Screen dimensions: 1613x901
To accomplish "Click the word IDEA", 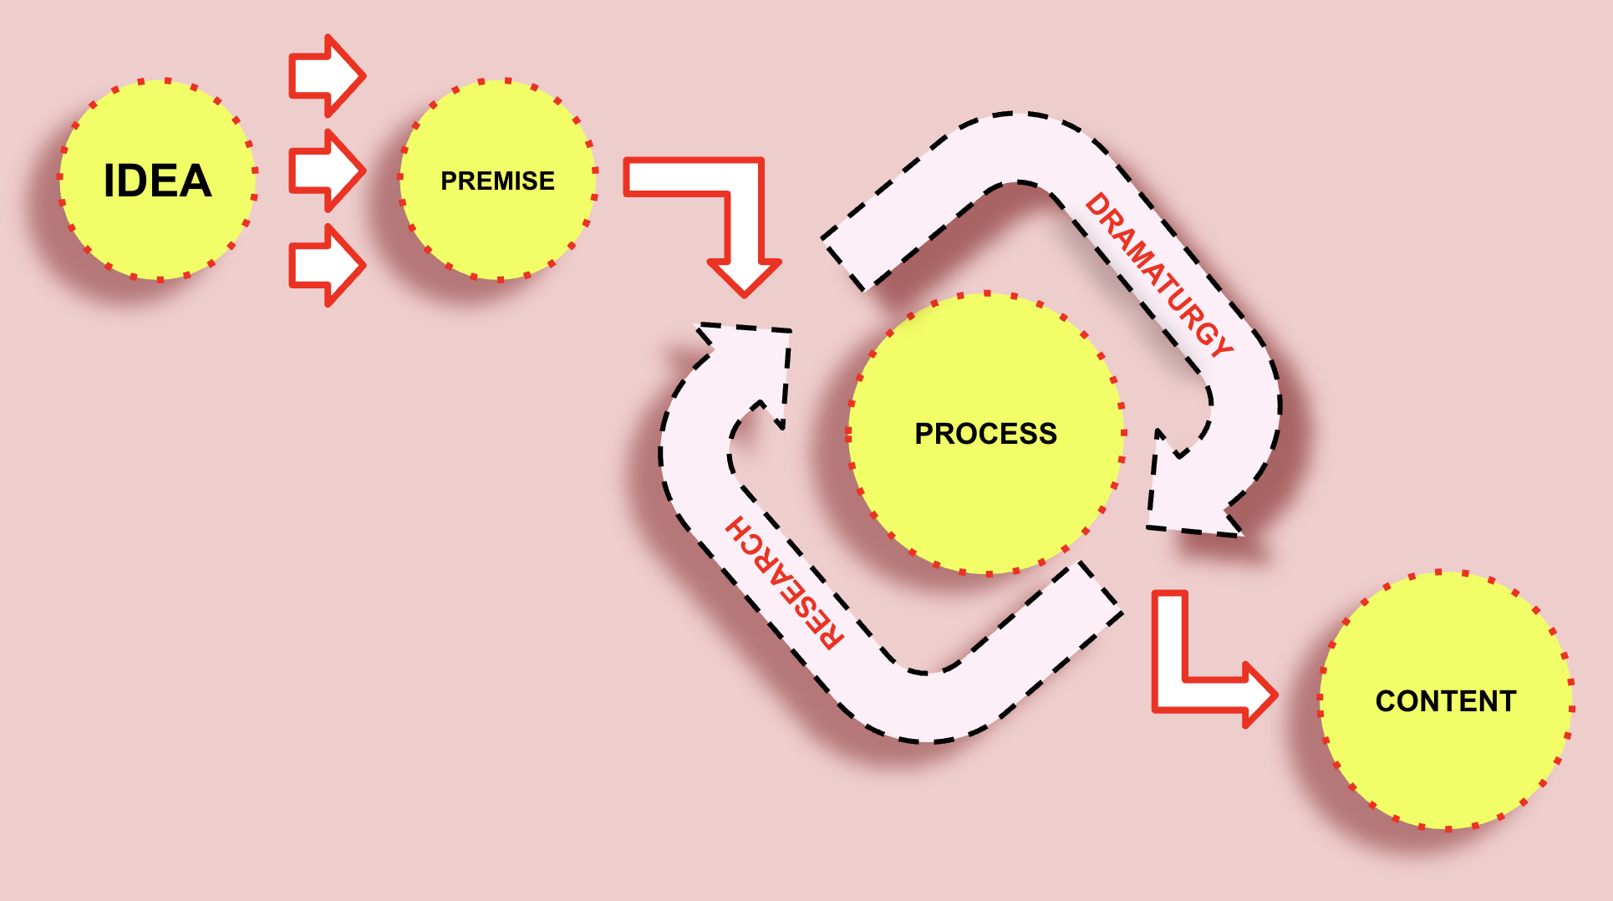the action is click(157, 181).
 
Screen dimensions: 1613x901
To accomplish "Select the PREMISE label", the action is click(497, 181).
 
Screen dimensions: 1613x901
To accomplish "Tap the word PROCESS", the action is click(985, 434).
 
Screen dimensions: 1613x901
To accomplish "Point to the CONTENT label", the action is click(1446, 701).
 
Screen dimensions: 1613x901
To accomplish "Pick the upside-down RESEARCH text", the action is click(784, 583).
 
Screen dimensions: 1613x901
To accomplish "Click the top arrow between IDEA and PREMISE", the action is click(327, 76).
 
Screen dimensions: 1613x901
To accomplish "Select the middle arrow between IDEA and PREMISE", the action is click(327, 171).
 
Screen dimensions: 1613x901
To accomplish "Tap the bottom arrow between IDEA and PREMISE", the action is click(327, 265).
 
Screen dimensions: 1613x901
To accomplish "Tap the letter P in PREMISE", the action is click(448, 181).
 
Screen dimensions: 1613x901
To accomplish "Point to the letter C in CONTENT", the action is click(1386, 701).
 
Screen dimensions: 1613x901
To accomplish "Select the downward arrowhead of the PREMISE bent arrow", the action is click(745, 276).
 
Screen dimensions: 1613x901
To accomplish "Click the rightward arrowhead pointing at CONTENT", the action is click(1258, 695).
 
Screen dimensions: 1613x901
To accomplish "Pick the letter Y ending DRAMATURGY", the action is click(1220, 344).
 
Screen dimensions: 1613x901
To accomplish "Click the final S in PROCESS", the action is click(1048, 434).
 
